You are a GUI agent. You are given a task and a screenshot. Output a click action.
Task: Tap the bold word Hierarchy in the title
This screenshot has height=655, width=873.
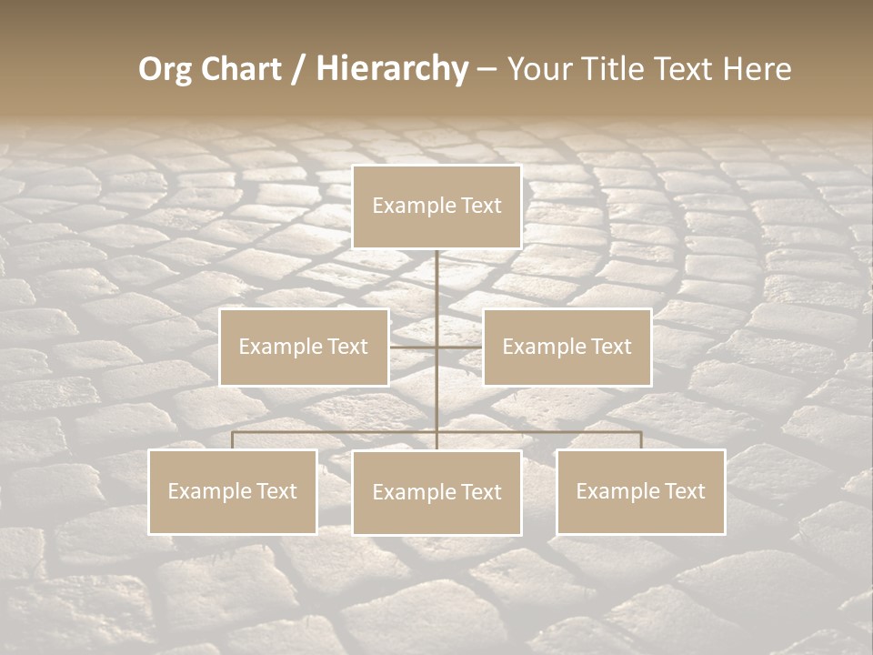tap(392, 69)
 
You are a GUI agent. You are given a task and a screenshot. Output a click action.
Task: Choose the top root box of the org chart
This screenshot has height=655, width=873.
tap(436, 207)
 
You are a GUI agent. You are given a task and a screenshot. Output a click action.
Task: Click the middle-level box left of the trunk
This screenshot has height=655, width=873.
tap(304, 347)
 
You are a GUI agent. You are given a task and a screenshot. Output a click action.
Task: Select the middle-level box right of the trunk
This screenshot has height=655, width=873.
tap(567, 347)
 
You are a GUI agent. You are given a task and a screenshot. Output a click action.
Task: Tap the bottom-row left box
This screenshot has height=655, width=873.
tap(232, 491)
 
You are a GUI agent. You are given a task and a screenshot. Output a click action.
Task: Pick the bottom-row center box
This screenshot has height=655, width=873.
tap(436, 492)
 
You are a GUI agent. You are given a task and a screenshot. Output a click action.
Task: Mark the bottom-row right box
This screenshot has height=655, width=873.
tap(640, 491)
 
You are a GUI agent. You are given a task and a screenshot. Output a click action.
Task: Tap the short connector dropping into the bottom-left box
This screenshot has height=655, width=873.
tap(232, 440)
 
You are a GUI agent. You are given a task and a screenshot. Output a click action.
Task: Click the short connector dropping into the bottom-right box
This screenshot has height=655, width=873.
tap(640, 440)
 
